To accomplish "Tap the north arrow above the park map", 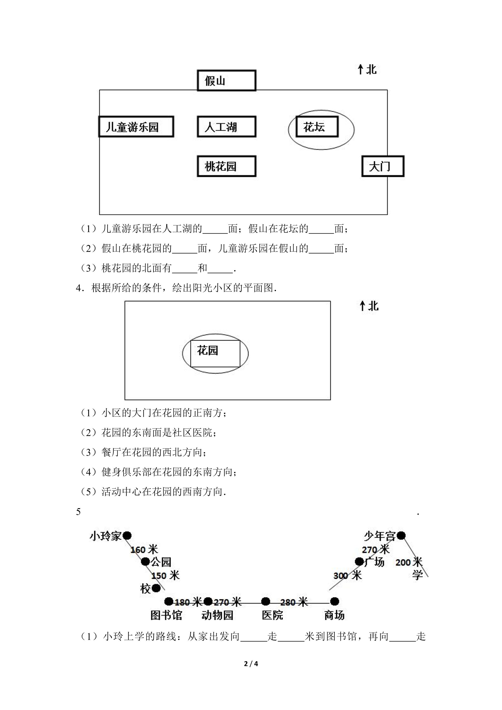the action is [360, 70].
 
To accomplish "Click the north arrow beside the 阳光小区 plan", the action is [362, 306].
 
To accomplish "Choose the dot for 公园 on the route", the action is [145, 562].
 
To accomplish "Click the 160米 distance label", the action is [144, 550].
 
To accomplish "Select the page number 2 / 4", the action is [251, 664].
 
